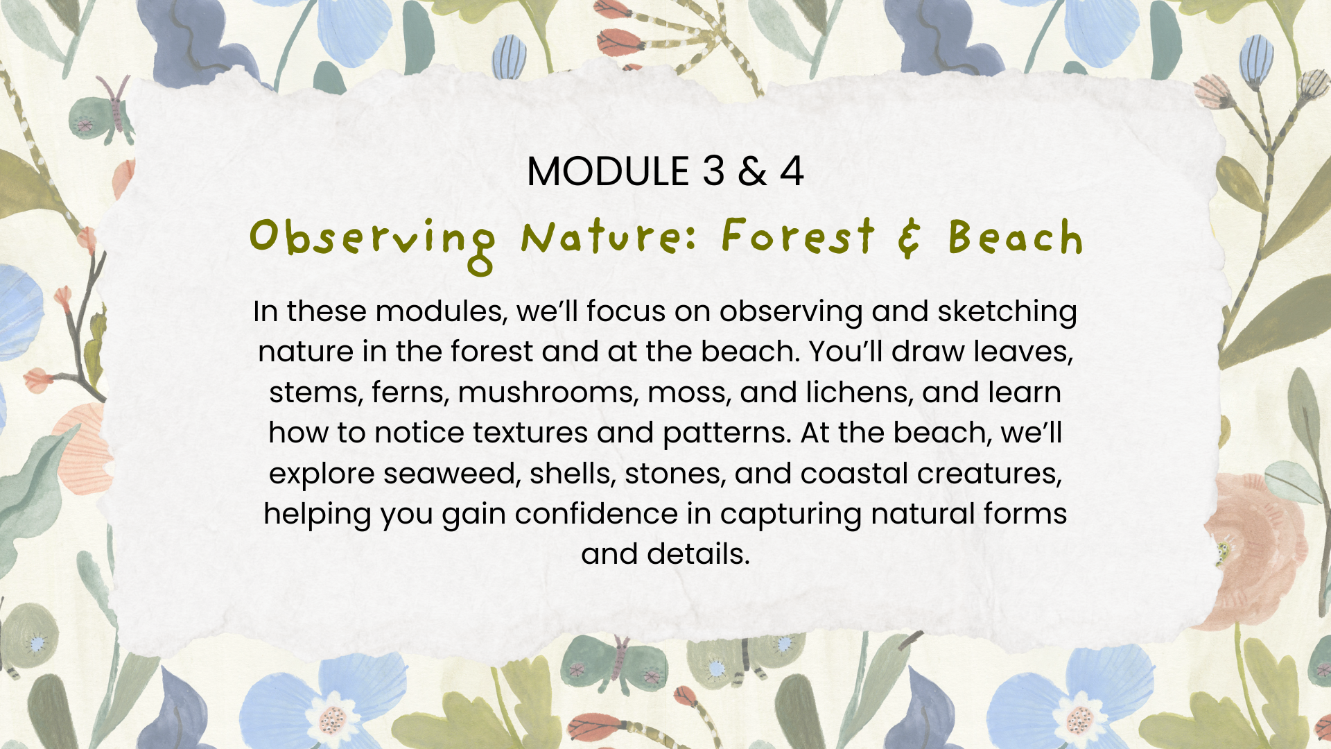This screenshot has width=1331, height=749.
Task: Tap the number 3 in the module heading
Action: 713,171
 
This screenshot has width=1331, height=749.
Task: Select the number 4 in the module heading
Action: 792,171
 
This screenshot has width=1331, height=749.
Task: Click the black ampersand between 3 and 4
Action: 753,171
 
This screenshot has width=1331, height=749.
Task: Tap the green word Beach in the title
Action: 1016,237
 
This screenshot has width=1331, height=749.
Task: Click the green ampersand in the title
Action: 910,237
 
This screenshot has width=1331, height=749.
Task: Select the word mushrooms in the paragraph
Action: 547,393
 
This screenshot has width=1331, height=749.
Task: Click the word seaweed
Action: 451,474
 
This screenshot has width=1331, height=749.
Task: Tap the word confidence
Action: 595,514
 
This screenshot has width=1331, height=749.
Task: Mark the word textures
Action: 530,433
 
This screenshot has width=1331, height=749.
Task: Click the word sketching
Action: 1007,312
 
